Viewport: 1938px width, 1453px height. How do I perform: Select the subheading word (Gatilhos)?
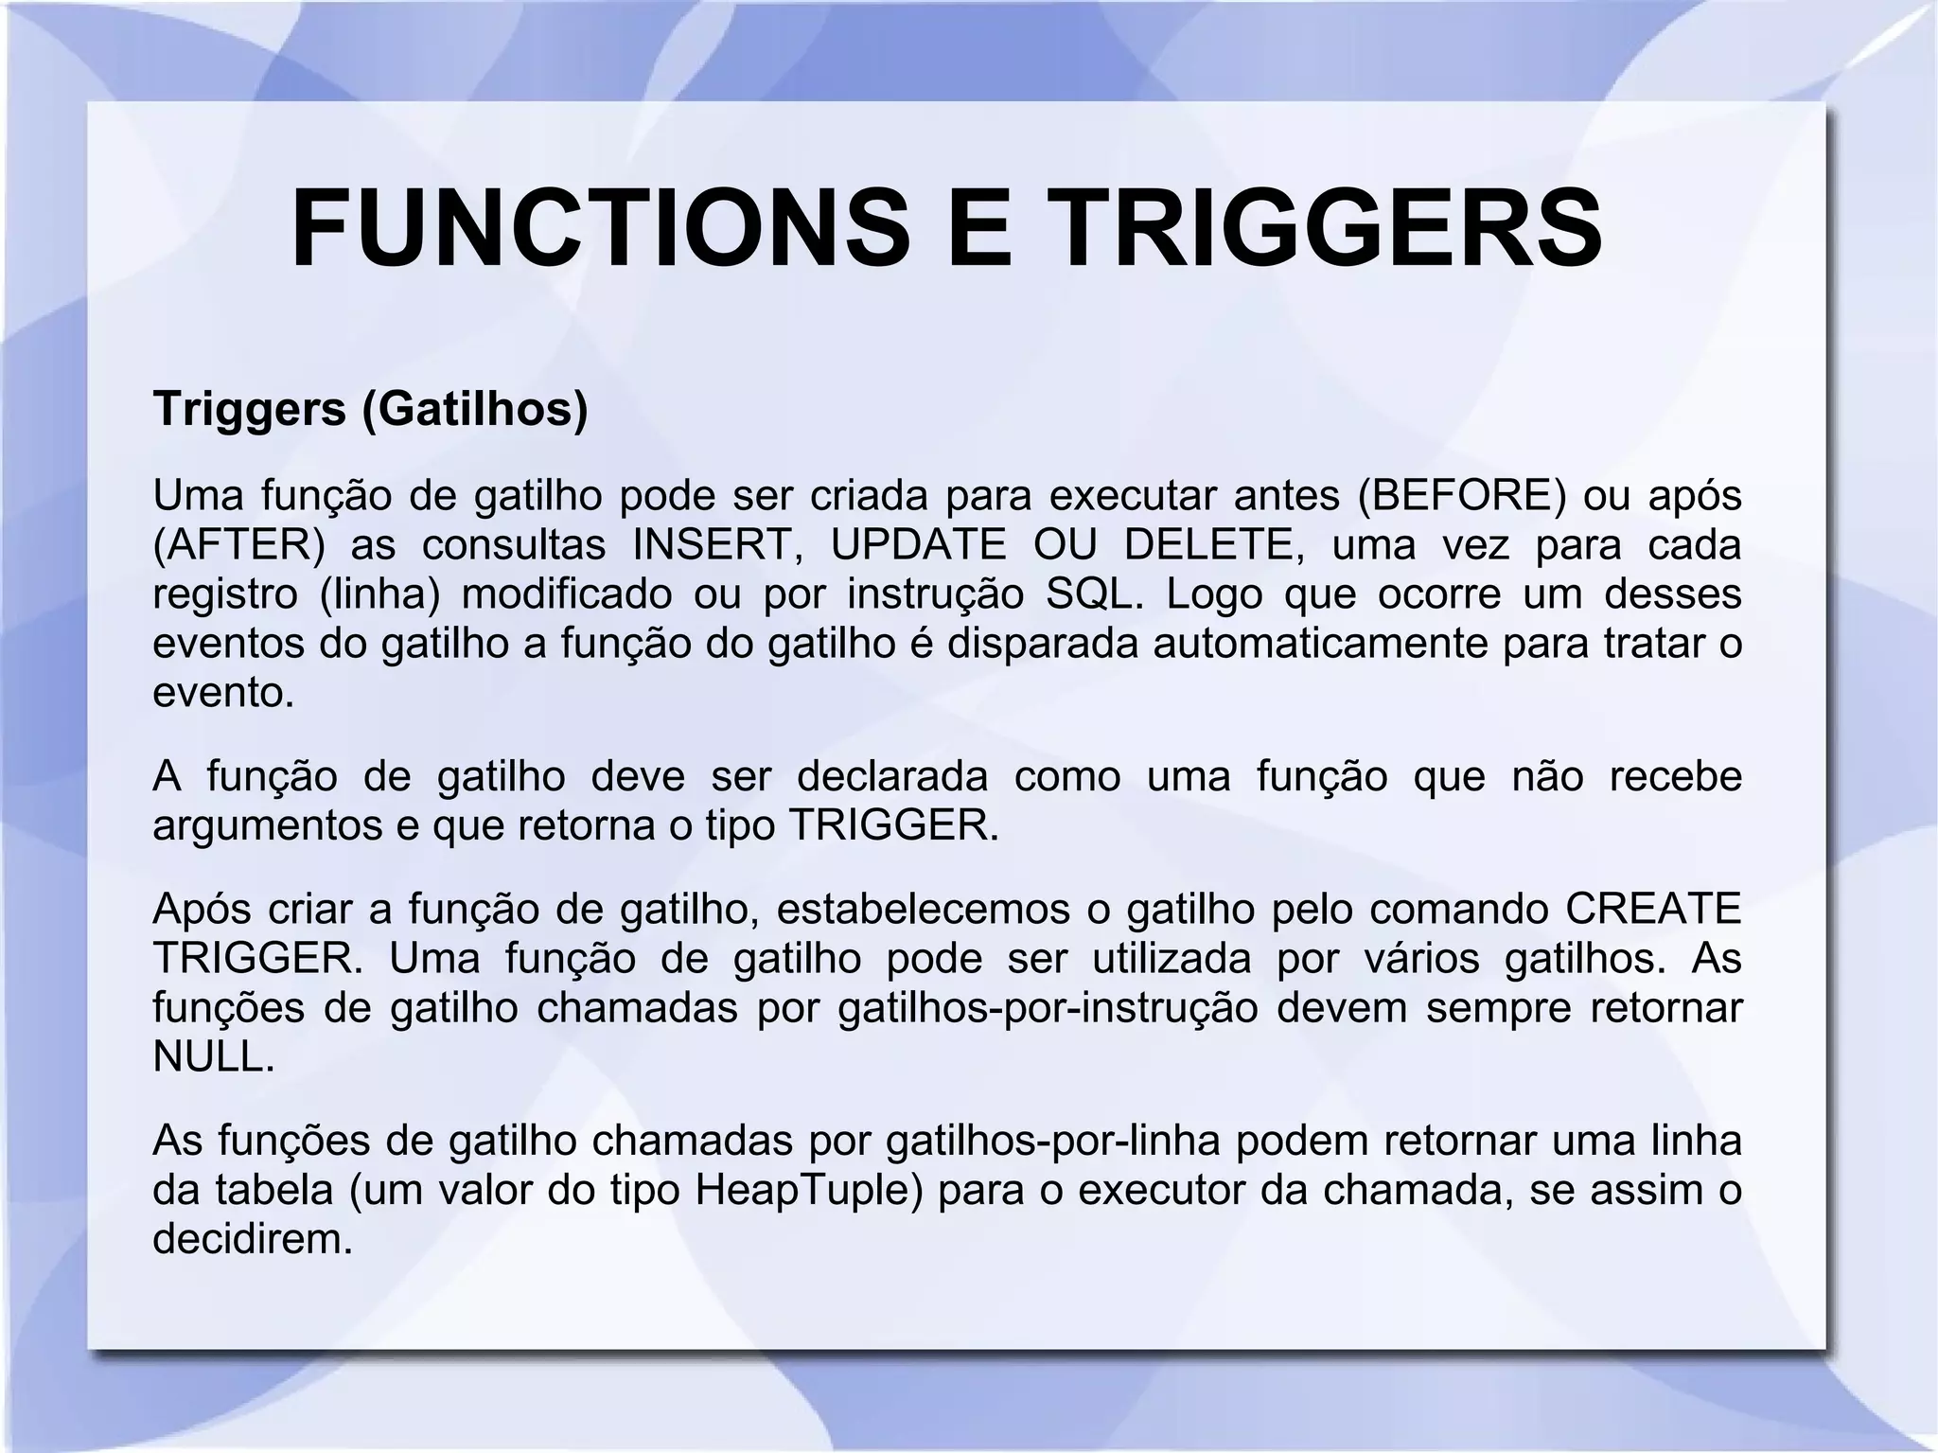[x=475, y=409]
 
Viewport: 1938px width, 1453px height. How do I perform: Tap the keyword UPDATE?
[x=918, y=544]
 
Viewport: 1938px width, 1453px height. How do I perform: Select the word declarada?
[x=892, y=776]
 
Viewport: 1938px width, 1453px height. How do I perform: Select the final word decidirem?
[x=252, y=1239]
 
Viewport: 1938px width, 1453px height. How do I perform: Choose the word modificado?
[x=567, y=594]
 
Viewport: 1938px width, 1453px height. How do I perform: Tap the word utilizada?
[x=1172, y=959]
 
